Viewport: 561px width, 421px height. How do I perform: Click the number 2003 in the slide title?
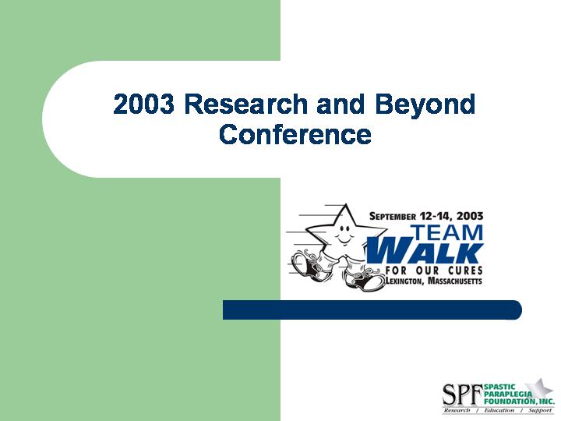tap(143, 104)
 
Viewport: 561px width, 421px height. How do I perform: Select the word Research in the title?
tap(245, 104)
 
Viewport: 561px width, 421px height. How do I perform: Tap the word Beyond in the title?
tap(425, 105)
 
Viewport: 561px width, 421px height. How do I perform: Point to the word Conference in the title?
tap(295, 134)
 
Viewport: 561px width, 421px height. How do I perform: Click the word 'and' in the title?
tap(340, 104)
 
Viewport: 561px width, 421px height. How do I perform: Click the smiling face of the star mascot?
tap(344, 235)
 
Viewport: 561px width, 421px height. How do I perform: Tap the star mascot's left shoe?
tap(307, 264)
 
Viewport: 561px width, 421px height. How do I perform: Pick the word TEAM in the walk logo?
tap(446, 232)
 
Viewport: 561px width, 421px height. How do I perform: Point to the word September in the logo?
tap(393, 216)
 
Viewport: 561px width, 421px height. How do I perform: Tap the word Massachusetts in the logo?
tap(455, 281)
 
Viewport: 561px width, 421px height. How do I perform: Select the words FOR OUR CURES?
tap(434, 271)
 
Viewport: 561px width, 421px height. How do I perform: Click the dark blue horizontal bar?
tap(372, 310)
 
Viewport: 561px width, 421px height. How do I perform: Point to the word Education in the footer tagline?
tap(499, 411)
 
